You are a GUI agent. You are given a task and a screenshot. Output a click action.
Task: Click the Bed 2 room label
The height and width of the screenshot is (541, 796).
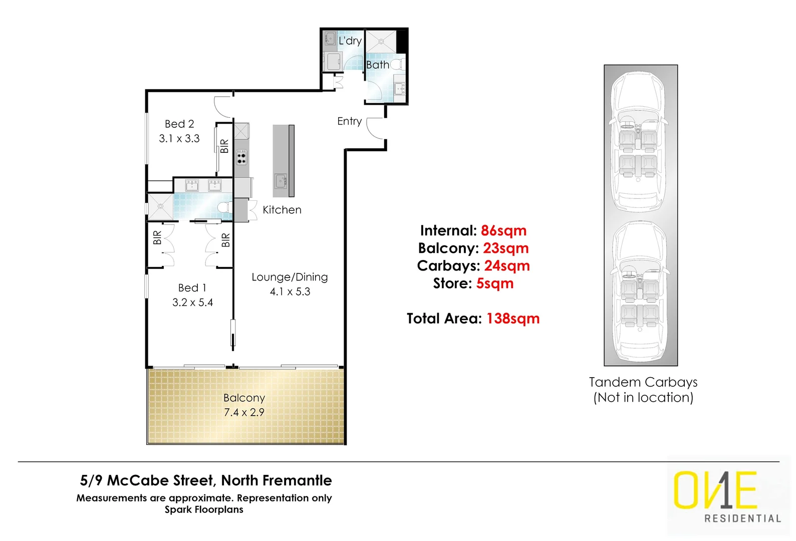point(179,124)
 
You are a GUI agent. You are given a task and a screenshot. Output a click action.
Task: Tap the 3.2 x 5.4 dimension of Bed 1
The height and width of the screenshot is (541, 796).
point(192,303)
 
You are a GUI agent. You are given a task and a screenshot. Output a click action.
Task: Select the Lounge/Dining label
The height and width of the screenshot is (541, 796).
point(290,277)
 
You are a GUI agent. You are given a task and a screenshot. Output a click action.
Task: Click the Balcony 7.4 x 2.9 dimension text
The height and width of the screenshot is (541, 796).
point(244,412)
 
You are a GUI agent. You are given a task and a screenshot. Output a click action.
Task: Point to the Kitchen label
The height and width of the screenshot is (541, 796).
point(282,210)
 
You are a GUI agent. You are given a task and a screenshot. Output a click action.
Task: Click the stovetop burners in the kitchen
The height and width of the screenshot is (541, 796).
point(241,158)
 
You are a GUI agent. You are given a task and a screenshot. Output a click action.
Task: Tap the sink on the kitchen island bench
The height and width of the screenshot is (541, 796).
point(281,180)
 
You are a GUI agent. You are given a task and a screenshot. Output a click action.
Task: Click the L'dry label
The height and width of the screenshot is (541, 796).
point(350,41)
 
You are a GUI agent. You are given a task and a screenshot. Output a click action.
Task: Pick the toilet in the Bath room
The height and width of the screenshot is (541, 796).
point(397,65)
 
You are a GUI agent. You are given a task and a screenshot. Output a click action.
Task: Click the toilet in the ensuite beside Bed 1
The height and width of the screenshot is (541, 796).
point(224,207)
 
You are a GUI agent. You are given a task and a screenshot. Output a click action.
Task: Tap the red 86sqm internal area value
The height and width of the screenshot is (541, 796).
point(503,230)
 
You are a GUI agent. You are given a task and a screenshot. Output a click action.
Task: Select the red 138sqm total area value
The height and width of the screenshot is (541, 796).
point(513,319)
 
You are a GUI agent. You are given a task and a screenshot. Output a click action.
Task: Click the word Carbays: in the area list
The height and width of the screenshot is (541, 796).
point(448,265)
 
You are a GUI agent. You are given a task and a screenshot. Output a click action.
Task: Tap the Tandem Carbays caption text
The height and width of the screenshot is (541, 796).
point(643,382)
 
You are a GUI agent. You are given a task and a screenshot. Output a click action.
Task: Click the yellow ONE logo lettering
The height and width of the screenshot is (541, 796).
point(714,490)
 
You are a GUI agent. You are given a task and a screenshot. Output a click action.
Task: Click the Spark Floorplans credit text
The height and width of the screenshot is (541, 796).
point(204,509)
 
